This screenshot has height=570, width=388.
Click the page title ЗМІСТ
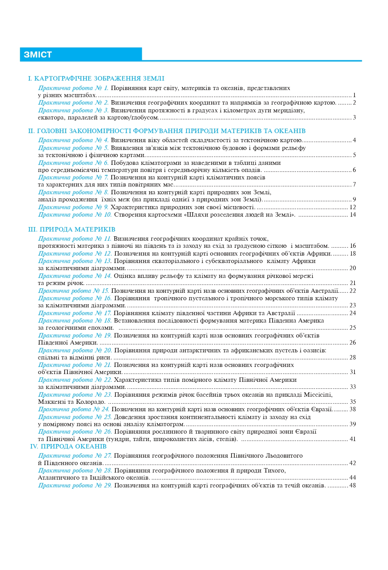38,54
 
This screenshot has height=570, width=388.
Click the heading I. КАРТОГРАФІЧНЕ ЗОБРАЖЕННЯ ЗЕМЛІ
96,79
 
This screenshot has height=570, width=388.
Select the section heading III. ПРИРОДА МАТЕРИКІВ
72,229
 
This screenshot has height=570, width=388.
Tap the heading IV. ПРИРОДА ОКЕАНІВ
68,446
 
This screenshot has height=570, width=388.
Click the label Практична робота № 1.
73,88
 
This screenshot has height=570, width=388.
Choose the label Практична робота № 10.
75,215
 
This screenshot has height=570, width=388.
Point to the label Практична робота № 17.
75,313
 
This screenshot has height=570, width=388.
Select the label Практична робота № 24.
74,409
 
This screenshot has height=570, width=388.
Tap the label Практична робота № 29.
75,485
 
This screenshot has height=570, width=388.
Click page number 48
353,485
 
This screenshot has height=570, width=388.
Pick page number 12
353,207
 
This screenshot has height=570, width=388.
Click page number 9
354,199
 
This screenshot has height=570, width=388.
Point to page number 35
353,402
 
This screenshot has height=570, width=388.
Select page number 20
353,268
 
